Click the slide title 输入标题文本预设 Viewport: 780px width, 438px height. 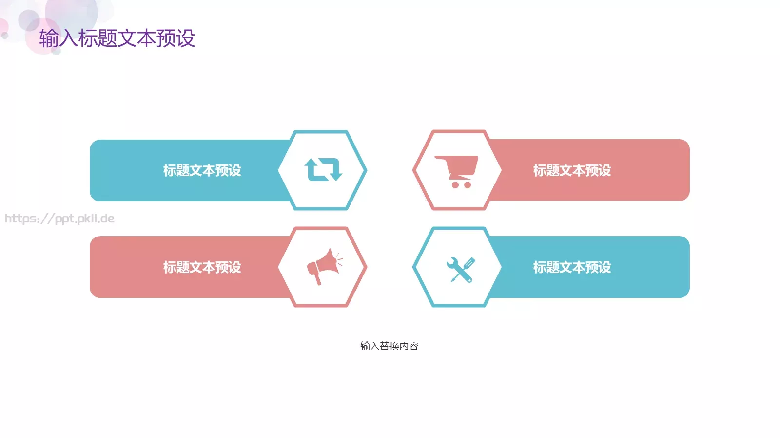(x=117, y=38)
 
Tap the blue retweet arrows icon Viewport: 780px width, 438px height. (x=323, y=170)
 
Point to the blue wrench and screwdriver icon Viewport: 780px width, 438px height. (x=460, y=269)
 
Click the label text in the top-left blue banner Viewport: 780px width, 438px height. (x=202, y=170)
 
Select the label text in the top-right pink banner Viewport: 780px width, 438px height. (x=572, y=170)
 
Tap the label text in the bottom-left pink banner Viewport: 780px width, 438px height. (x=202, y=267)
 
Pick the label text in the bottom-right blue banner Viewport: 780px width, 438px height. (x=572, y=267)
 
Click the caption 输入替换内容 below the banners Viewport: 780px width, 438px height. (x=389, y=346)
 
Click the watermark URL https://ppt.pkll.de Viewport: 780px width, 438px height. (x=59, y=219)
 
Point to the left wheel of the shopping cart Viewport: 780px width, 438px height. (x=455, y=185)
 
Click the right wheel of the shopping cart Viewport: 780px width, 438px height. (x=468, y=185)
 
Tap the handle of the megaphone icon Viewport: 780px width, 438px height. (x=317, y=279)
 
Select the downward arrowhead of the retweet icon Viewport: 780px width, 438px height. (x=335, y=175)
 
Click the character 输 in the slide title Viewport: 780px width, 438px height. (x=49, y=38)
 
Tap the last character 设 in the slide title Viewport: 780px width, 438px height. (x=186, y=38)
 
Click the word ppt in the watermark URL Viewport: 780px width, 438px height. (x=65, y=219)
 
